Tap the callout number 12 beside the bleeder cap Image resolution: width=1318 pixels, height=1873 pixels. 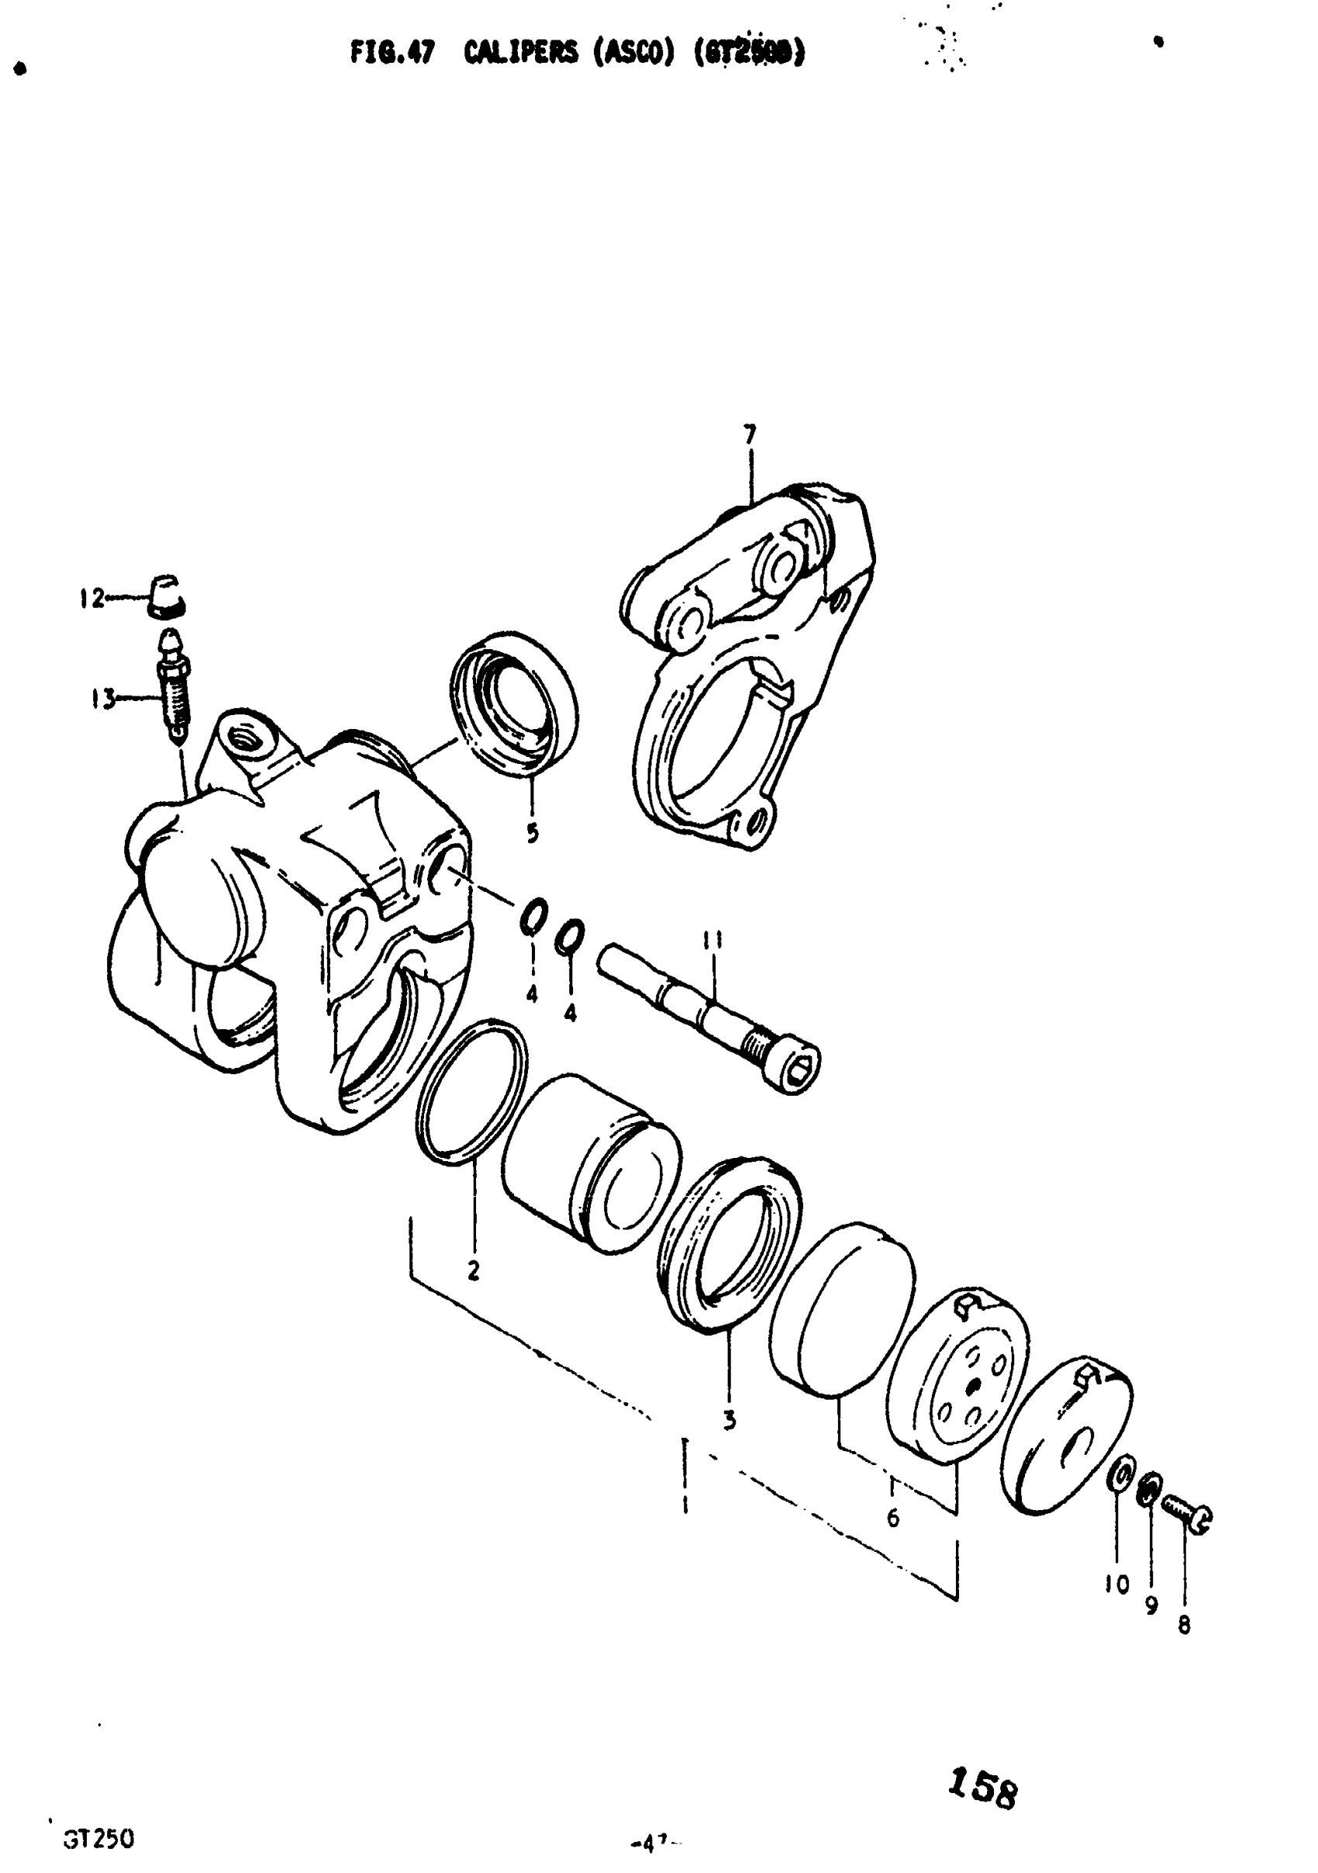[x=91, y=599]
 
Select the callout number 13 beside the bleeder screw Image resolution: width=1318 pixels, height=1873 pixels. [x=104, y=699]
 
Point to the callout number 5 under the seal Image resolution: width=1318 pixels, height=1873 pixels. [x=532, y=833]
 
